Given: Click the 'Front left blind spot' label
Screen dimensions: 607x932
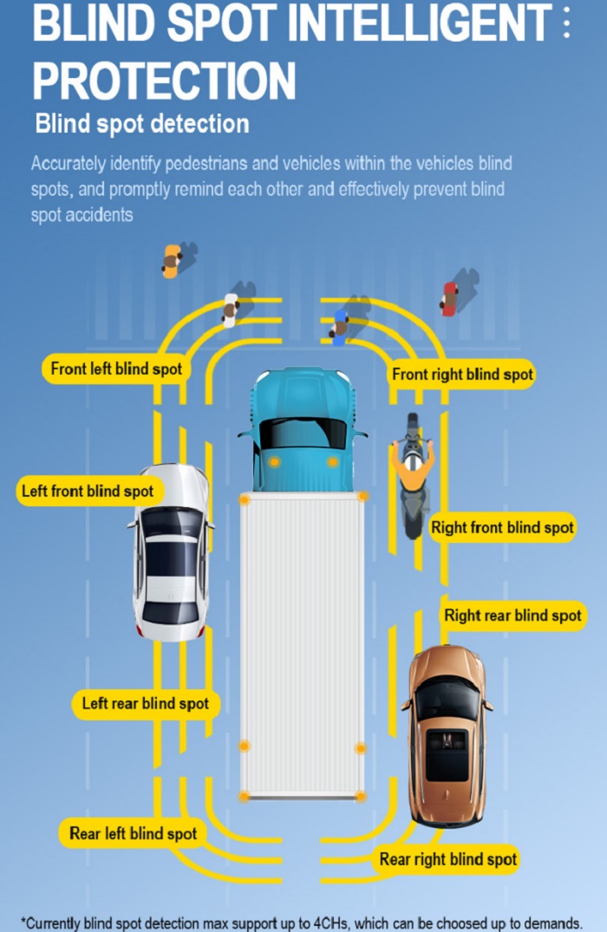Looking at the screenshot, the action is coord(116,369).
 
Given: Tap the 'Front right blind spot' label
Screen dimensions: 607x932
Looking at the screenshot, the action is coord(462,375).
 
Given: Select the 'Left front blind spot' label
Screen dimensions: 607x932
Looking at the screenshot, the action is coord(88,491).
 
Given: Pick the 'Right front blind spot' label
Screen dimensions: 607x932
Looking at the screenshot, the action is coord(502,527).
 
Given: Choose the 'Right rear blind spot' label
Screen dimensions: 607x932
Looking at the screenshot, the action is coord(512,616).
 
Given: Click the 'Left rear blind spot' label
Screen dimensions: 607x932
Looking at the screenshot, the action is coord(146,704).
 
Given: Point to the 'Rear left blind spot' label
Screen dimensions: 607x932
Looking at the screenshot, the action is coord(134,833).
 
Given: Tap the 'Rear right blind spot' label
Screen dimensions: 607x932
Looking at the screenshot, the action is coord(447,859).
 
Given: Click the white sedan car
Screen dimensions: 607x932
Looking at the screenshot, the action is coord(171,552).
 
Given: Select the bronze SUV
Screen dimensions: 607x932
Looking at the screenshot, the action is coord(447,736).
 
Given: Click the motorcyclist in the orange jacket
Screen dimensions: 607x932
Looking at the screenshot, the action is coord(413,474).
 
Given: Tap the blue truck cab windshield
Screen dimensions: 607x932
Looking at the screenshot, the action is coord(303,433).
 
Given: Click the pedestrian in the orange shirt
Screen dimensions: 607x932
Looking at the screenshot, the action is coord(171,262).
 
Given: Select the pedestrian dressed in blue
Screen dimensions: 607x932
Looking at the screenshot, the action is coord(339,327).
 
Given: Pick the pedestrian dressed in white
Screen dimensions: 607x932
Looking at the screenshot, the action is coord(230,310).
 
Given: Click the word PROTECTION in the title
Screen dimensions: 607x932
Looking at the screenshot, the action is coord(164,81).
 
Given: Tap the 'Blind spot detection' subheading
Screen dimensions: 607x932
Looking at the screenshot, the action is coord(142,124).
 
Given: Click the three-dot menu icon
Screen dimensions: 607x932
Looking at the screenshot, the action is coord(566,22).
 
